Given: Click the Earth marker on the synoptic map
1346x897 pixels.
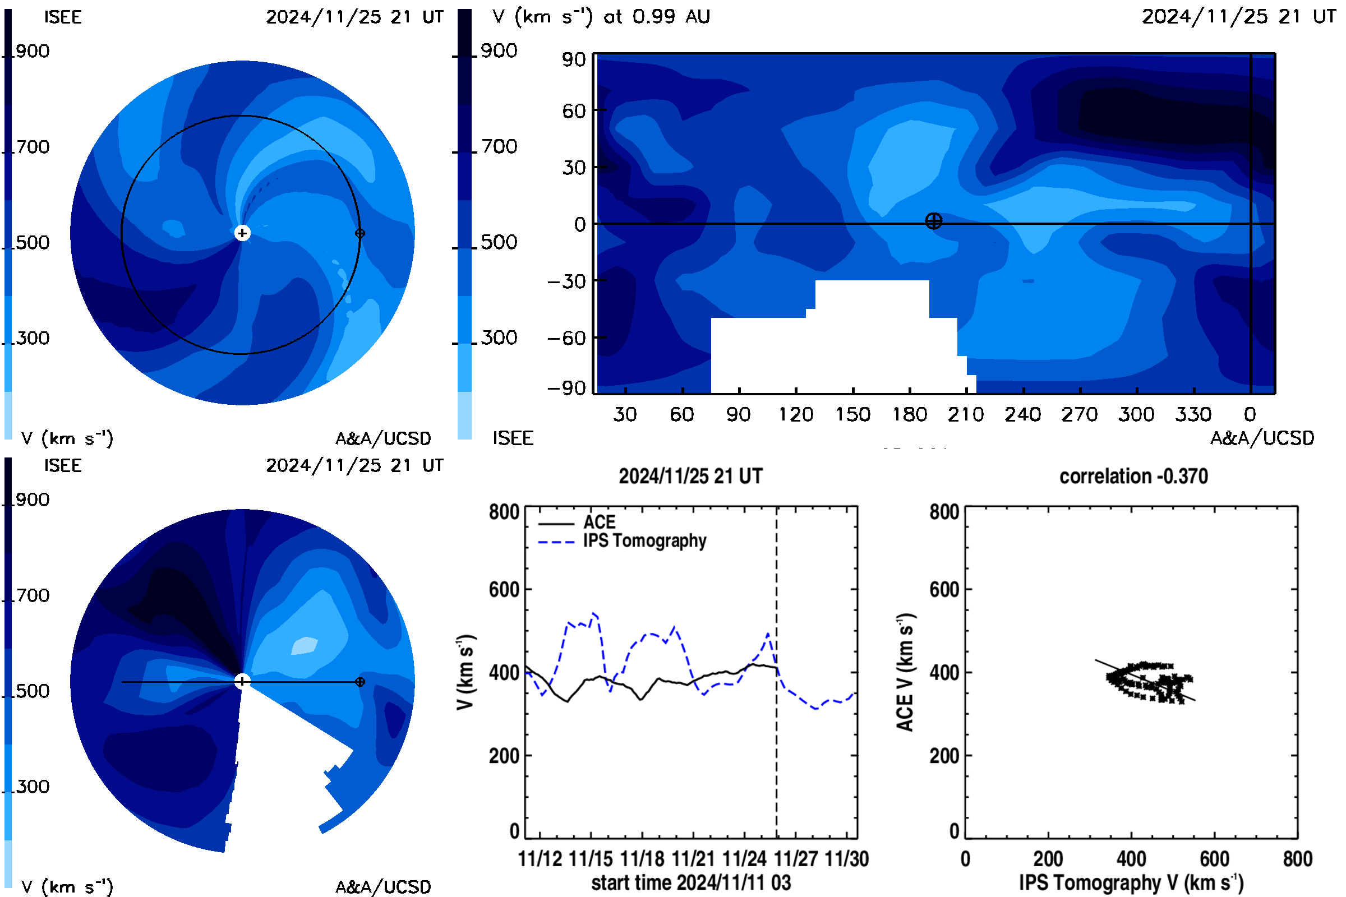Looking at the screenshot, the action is pos(933,221).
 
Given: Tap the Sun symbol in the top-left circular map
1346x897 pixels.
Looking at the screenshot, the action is pos(242,233).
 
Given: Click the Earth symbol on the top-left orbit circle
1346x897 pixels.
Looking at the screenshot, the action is pos(360,233).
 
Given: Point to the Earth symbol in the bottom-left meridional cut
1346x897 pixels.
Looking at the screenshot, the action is pos(360,682).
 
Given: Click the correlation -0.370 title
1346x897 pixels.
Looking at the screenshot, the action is pos(1133,476).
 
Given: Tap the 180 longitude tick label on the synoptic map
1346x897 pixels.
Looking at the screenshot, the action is pos(910,414).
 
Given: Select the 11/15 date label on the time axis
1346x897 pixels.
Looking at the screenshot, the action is pos(591,859).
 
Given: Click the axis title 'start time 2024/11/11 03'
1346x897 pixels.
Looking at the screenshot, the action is pos(691,882).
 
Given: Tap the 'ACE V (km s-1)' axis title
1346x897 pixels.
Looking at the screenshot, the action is pos(906,672).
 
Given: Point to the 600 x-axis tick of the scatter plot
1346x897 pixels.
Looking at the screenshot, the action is pos(1214,859).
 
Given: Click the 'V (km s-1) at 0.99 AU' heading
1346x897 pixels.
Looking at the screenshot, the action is pos(601,17).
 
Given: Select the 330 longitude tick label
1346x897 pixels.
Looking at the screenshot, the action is pos(1194,414).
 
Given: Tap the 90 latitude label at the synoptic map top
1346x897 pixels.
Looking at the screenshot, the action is pos(574,59).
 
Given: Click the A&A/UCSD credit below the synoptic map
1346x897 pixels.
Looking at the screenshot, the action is pos(1262,438).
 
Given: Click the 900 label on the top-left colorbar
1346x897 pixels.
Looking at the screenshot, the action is pos(33,51).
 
